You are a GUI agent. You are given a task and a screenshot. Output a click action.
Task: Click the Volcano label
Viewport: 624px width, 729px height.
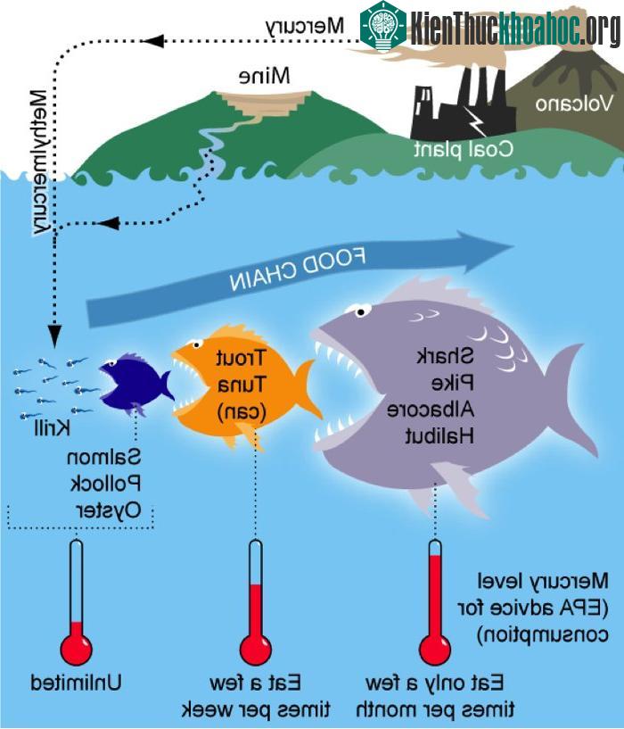click(x=574, y=104)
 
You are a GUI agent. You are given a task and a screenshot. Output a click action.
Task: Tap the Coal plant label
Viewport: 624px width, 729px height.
click(x=464, y=149)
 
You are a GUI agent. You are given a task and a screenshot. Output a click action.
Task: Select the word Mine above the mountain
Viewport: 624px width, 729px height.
click(x=265, y=76)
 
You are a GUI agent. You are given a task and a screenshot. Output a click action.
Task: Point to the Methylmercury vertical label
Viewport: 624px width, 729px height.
click(x=39, y=162)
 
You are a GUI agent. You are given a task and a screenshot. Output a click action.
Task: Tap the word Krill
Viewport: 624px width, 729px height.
click(x=52, y=427)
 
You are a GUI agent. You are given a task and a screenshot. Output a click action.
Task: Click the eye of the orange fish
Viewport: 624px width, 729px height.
click(x=197, y=344)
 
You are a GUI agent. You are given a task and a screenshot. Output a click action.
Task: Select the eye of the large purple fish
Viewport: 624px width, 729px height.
click(x=360, y=311)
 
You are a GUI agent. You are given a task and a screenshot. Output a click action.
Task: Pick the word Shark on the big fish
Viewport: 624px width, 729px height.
click(x=445, y=357)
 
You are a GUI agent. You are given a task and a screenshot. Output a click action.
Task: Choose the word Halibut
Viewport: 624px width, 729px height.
click(x=439, y=436)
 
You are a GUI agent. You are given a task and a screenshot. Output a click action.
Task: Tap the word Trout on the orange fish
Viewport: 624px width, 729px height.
click(x=240, y=358)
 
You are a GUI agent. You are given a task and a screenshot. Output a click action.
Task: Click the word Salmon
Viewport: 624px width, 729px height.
click(x=103, y=458)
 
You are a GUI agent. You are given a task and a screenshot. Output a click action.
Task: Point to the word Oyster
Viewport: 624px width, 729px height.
click(x=108, y=511)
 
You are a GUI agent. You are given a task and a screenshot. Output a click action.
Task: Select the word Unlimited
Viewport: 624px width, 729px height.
click(x=76, y=683)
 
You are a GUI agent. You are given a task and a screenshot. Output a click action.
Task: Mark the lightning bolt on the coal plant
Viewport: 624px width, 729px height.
click(x=475, y=120)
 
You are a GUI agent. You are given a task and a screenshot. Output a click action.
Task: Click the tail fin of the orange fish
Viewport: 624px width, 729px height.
click(x=308, y=390)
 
